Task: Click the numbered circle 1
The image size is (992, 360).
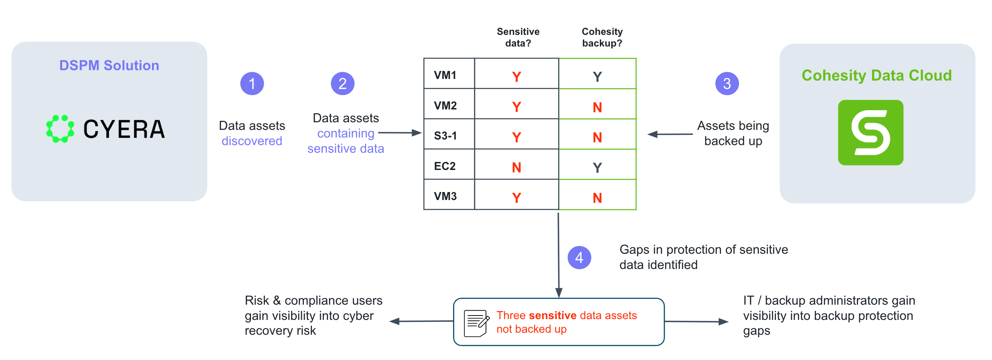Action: (252, 83)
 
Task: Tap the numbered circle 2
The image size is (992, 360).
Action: (342, 83)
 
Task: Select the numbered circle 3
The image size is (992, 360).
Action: (727, 83)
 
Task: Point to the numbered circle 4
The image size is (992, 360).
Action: (579, 257)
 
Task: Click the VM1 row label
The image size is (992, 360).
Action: (445, 75)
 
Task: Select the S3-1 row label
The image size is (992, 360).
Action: (445, 136)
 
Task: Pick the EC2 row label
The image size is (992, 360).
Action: (445, 166)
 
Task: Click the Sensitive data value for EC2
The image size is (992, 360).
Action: (516, 167)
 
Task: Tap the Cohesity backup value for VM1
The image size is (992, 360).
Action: (597, 77)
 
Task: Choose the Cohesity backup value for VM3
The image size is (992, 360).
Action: (597, 198)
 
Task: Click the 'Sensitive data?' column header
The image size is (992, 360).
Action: (518, 37)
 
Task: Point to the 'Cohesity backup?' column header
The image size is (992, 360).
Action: (602, 37)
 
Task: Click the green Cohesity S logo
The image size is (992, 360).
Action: (871, 132)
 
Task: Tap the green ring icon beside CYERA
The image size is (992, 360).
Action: (60, 129)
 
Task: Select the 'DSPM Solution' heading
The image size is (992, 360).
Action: (109, 65)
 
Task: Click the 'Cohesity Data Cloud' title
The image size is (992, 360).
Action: (877, 75)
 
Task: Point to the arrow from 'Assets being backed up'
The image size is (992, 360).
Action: (670, 134)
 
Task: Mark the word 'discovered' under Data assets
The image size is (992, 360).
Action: (252, 141)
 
